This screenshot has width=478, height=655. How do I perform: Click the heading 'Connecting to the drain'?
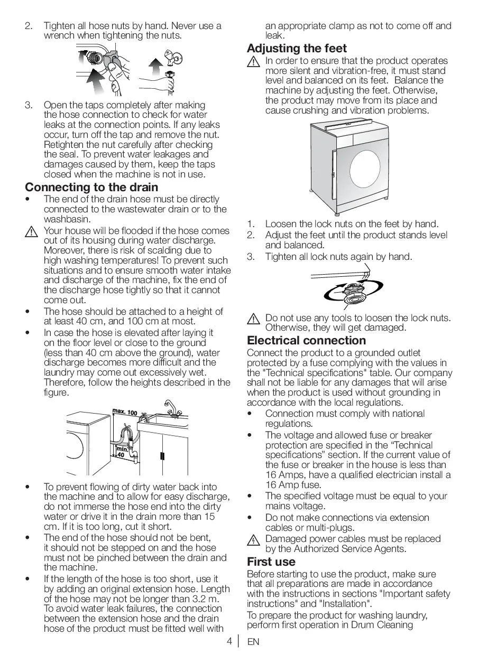pos(91,187)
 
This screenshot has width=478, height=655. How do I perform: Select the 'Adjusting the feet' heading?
pos(297,49)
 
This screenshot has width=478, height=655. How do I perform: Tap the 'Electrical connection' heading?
pos(306,341)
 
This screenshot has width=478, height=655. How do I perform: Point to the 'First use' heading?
pos(271,562)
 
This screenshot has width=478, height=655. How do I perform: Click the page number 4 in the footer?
pos(229,642)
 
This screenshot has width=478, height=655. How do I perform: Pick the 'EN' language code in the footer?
pos(253,642)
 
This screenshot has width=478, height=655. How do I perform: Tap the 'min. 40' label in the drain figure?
pos(121,451)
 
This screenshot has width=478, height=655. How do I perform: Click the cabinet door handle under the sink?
pos(163,455)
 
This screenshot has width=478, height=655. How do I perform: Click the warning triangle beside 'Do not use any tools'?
pos(254,319)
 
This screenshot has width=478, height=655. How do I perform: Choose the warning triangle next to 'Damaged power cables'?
pos(254,539)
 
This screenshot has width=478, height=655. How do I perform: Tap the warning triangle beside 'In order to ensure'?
pos(254,62)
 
